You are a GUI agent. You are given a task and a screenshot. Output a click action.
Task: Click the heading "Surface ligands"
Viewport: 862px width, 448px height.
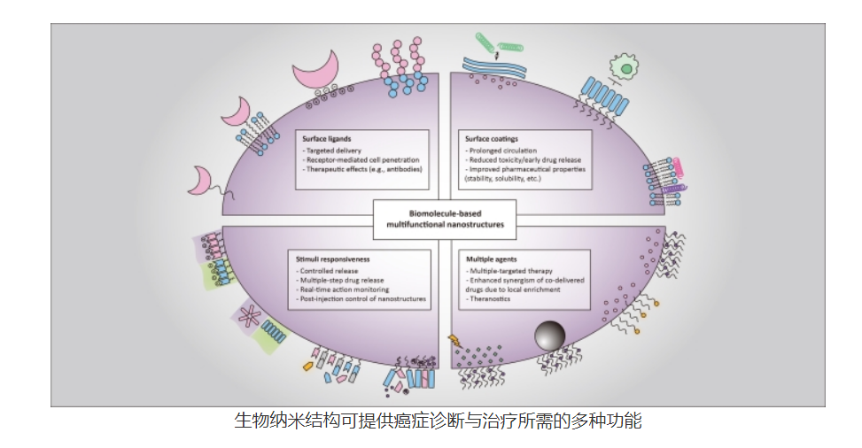coord(326,140)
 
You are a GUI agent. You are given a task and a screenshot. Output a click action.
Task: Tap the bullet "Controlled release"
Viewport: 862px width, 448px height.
coord(331,271)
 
